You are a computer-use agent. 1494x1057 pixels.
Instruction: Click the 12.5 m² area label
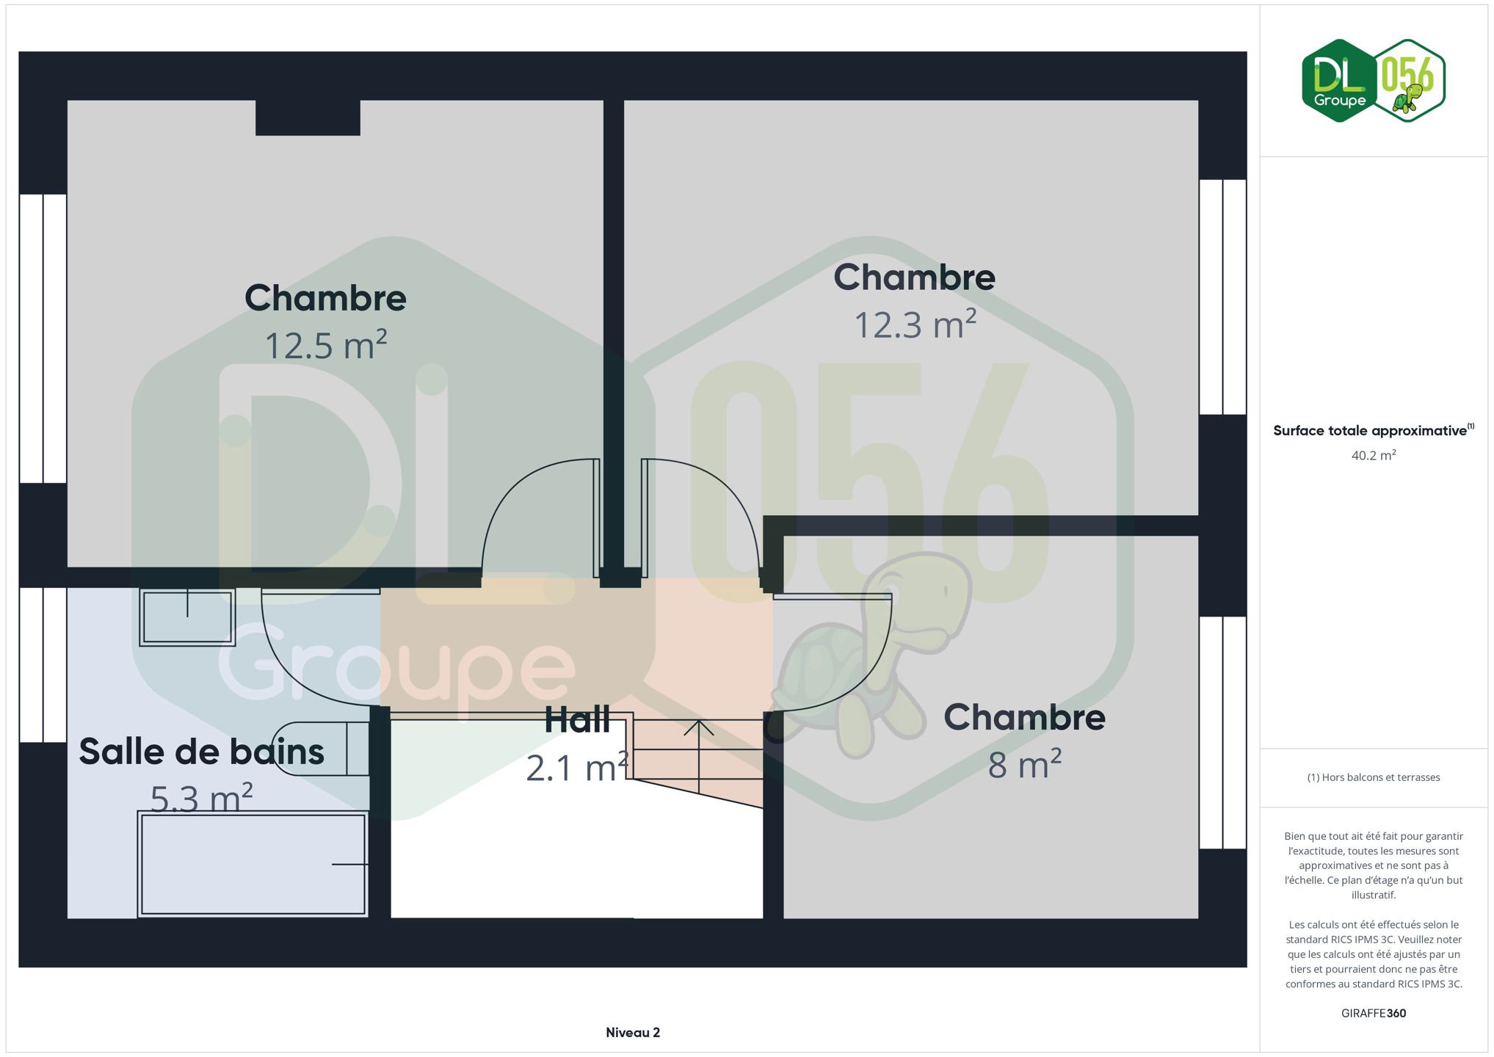[325, 345]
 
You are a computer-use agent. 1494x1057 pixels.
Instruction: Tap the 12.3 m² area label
[915, 324]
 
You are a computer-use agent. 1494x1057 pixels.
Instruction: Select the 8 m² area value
[1024, 764]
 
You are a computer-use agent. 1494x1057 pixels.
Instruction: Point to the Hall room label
[577, 720]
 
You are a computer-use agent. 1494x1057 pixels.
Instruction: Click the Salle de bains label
[202, 752]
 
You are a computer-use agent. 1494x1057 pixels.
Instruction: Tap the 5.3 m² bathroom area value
[202, 798]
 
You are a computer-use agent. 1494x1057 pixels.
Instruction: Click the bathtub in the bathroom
[253, 864]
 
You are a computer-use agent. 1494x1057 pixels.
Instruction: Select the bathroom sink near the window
[187, 617]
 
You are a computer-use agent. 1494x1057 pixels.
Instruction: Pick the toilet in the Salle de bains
[321, 748]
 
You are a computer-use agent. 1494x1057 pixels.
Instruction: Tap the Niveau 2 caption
[633, 1033]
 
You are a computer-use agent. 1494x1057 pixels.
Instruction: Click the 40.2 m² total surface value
[1374, 455]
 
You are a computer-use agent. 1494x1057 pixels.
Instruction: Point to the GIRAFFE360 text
[1374, 1013]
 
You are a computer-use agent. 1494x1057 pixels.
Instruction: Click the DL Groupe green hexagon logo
[1339, 81]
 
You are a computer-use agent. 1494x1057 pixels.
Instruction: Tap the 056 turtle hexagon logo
[1408, 81]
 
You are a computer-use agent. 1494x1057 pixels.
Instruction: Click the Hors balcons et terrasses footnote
[1374, 777]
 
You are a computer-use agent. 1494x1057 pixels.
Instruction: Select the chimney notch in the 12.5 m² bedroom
[308, 117]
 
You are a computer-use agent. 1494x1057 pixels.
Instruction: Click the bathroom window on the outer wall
[43, 665]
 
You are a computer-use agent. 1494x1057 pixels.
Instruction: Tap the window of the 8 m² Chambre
[1223, 733]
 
